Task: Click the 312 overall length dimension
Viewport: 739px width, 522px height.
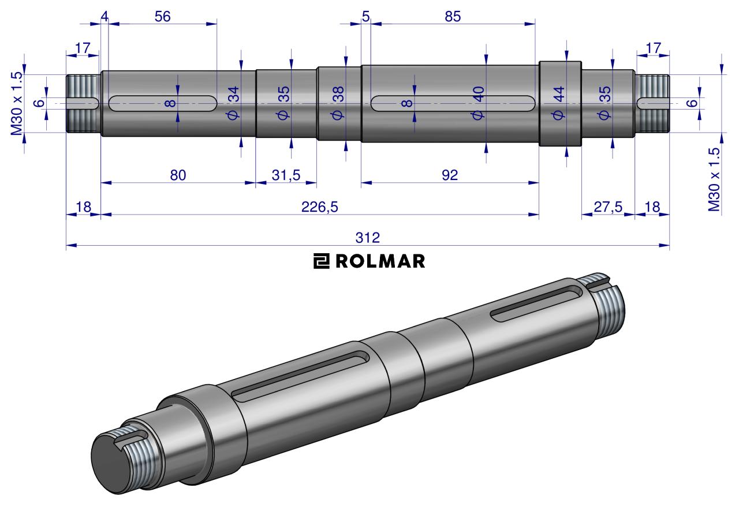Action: [x=368, y=238]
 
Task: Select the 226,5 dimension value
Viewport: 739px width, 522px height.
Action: [x=319, y=207]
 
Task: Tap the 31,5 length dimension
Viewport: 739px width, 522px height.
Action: [x=286, y=175]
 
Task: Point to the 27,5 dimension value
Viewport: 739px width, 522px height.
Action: [x=608, y=207]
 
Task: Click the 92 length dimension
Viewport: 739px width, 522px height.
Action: [x=450, y=175]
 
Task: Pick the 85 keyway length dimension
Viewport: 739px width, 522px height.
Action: [x=452, y=17]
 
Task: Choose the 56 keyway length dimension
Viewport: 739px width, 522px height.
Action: [x=162, y=17]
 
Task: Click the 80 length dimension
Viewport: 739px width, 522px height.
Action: [x=178, y=175]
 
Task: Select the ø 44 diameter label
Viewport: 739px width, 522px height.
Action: [x=558, y=103]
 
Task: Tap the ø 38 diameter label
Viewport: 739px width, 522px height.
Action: [x=338, y=103]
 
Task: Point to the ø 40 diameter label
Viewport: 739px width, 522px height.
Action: [x=478, y=103]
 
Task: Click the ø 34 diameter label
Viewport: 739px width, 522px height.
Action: [x=233, y=103]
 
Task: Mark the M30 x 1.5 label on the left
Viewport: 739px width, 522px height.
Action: [x=17, y=103]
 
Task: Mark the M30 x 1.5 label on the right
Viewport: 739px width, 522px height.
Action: [x=714, y=179]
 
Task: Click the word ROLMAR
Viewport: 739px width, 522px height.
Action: [x=380, y=261]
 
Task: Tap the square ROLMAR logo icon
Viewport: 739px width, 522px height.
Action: [x=321, y=261]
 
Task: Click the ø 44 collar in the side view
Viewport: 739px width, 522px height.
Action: [x=560, y=103]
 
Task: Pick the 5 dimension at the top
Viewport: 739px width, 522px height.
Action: [x=365, y=17]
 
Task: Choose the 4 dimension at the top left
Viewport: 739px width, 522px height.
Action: [x=104, y=17]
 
